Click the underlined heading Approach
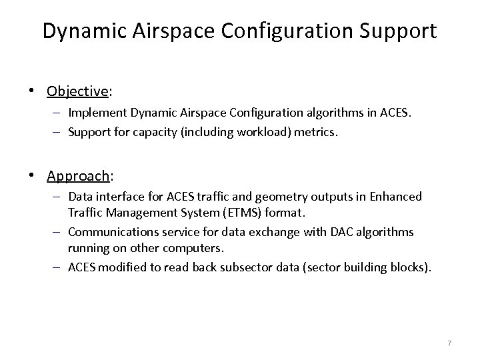(x=77, y=176)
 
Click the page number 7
(x=449, y=343)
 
